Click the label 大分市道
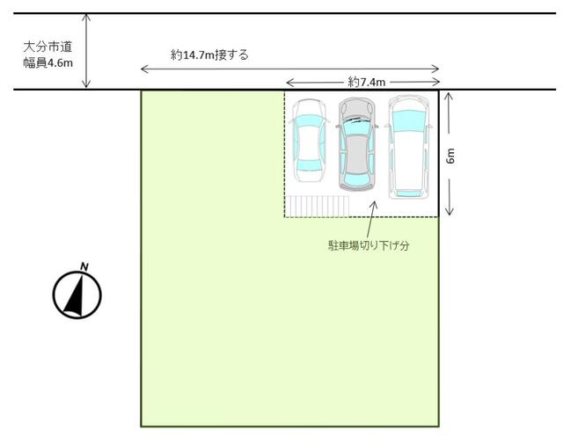(48, 47)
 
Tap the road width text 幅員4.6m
(48, 62)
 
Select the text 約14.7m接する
(209, 55)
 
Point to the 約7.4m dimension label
(367, 82)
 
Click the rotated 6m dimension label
(450, 156)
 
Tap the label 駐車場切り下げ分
(369, 245)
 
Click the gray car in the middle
(357, 143)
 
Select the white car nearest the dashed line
(309, 140)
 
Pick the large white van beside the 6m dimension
(409, 147)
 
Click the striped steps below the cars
(318, 207)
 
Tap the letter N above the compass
(84, 266)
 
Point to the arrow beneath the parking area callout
(371, 219)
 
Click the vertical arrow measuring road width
(86, 51)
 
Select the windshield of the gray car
(357, 125)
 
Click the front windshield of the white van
(409, 121)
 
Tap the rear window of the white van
(408, 193)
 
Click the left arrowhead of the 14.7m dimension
(144, 69)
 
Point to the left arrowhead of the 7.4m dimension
(290, 84)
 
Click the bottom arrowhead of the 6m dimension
(450, 211)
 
